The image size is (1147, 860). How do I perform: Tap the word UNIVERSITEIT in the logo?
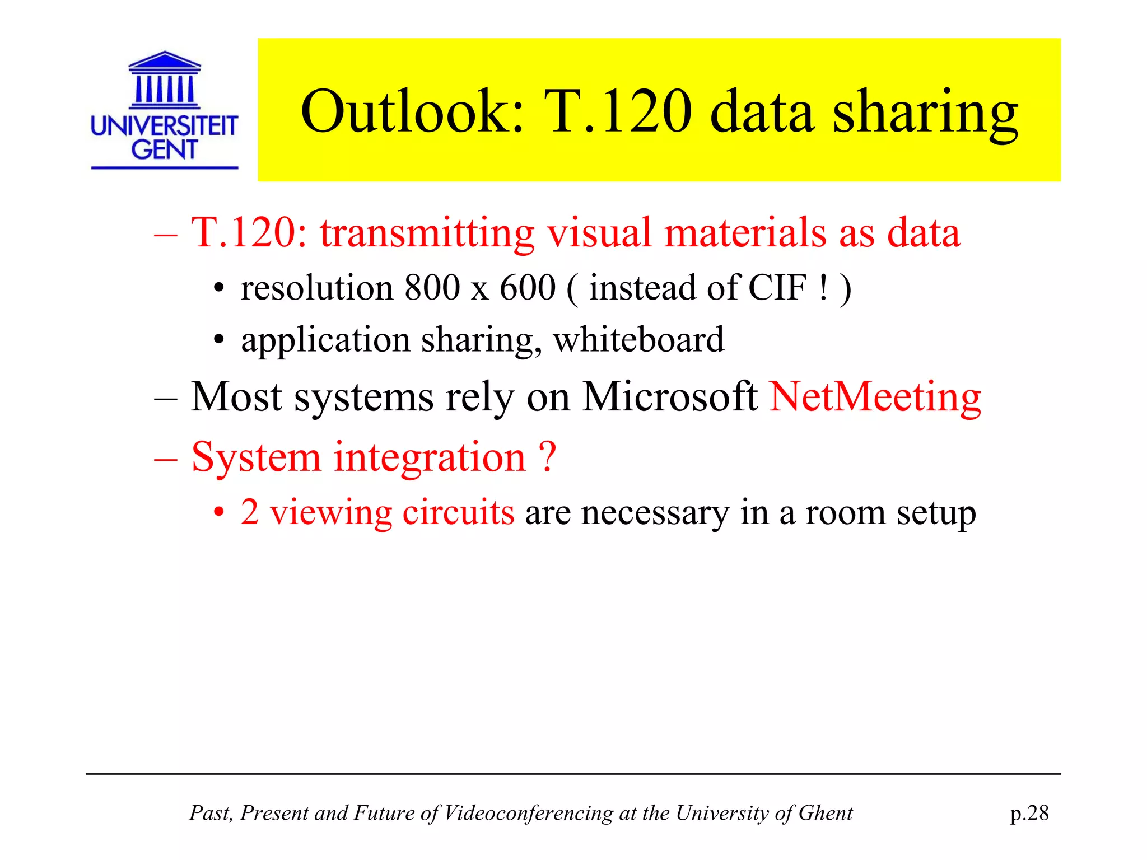point(164,125)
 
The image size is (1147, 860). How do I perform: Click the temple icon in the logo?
point(164,80)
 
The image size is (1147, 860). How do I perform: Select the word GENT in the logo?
point(164,149)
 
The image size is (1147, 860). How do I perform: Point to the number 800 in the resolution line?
point(432,288)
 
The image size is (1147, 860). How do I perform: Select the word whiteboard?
point(638,339)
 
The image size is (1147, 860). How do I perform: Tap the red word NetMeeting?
point(875,396)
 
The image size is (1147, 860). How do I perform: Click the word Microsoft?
point(670,396)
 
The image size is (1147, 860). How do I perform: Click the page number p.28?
point(1029,813)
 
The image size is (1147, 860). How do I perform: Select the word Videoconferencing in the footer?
point(528,813)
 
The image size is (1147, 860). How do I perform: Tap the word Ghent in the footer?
point(825,813)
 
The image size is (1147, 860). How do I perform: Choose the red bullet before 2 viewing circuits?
point(219,512)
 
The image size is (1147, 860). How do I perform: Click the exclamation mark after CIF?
point(823,288)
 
